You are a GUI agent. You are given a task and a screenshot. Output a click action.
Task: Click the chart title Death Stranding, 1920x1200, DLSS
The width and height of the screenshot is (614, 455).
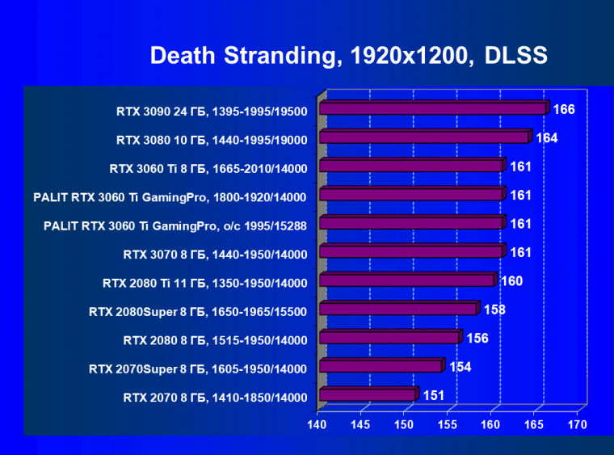coord(349,55)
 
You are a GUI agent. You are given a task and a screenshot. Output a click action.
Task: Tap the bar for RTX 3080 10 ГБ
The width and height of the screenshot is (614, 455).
coord(424,137)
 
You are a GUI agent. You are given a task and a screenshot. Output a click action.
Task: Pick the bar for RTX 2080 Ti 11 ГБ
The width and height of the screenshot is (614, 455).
coord(406,280)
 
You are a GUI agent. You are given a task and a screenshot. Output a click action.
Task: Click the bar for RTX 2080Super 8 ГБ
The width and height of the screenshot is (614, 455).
coord(398,309)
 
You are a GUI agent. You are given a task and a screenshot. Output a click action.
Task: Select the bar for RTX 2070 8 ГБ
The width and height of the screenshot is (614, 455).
coord(368,395)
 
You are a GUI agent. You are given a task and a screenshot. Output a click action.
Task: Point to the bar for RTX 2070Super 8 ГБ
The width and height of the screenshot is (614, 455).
coord(381,366)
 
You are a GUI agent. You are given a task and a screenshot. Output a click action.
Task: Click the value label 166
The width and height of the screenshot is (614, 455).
coord(563,109)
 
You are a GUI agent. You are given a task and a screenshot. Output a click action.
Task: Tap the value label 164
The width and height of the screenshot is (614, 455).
coord(547,138)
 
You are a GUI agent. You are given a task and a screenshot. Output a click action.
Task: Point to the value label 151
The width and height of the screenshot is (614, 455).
coord(434,395)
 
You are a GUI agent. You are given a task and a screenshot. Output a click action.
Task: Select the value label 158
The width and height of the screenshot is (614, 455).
coord(494,310)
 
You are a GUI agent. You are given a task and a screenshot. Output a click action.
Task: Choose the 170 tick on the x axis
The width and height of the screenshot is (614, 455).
coord(577,423)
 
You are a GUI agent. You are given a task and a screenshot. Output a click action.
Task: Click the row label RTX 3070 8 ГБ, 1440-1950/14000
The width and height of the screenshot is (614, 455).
coord(215,255)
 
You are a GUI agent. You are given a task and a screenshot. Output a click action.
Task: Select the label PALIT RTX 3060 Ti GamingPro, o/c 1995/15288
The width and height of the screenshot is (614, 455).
coord(175,225)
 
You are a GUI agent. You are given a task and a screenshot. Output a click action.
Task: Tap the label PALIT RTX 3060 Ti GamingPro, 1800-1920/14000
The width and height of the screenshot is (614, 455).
coord(170,197)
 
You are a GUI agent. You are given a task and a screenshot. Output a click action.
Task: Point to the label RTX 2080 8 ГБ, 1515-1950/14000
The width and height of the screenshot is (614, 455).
coord(215,340)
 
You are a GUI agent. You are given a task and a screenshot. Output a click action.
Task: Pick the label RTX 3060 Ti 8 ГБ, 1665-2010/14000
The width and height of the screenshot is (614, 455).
coord(208,169)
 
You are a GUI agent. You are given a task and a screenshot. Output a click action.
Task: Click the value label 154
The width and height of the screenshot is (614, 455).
coord(460,367)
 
